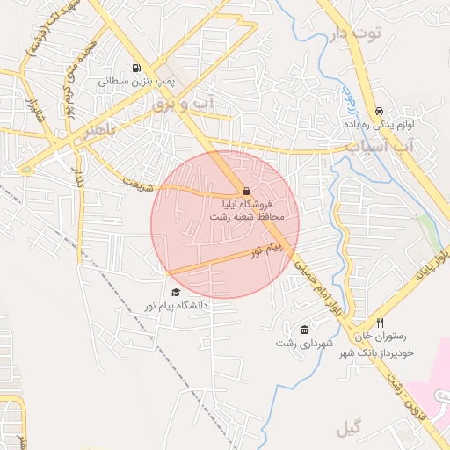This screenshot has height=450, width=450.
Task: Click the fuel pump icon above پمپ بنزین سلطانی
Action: point(136,68)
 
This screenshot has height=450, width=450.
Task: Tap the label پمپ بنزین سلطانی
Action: point(136,80)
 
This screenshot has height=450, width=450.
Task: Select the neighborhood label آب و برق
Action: point(182,105)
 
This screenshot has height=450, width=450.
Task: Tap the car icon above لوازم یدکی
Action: point(379,112)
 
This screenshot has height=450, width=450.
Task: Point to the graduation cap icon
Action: point(176,293)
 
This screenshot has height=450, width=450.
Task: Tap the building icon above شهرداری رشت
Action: point(304,330)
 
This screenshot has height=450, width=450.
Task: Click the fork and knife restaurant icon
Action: point(380,323)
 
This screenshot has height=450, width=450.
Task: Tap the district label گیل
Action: point(348,429)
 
